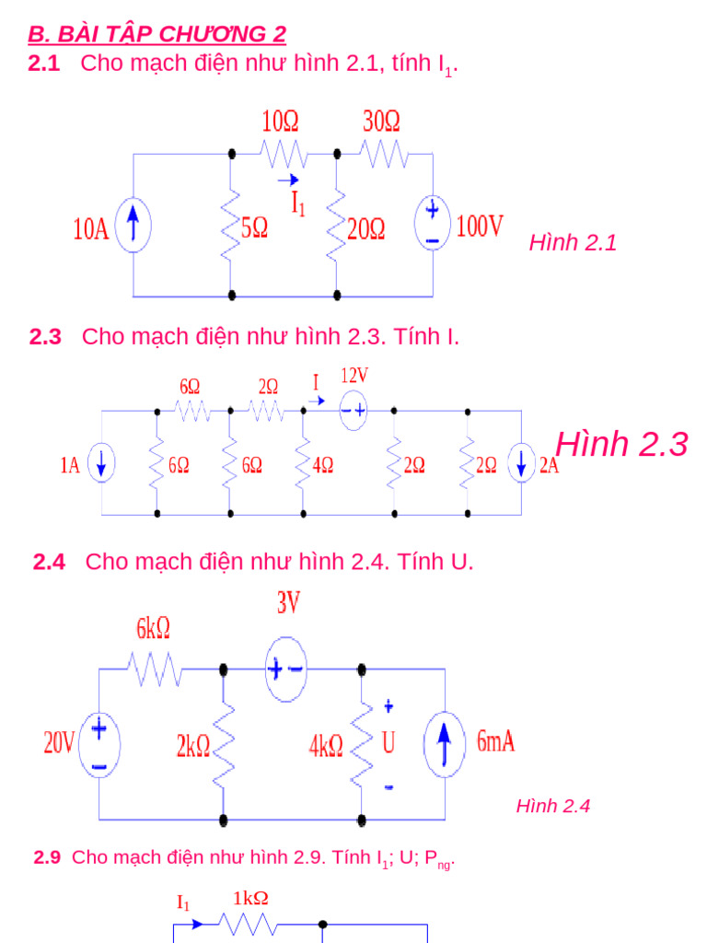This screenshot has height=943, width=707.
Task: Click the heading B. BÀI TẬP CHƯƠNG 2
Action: coord(156,35)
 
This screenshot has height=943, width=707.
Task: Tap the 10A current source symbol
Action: coord(134,227)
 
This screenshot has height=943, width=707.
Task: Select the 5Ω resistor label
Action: coord(254,227)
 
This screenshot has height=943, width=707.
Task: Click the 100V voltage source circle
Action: coord(432,224)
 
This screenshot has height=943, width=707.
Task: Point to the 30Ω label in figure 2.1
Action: coord(381,122)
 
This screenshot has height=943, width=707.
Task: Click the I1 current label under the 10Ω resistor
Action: coord(298,204)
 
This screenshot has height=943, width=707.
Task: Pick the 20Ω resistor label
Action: coord(366,227)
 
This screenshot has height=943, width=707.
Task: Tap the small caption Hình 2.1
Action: coord(573,242)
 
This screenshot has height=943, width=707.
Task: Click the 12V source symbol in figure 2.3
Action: coord(354,411)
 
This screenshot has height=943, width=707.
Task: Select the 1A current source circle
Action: coord(101,465)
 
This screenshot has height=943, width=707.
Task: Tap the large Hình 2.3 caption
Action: coord(622,444)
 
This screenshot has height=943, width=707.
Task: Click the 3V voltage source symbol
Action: coord(285,669)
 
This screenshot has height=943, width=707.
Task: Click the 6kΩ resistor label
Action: coord(153,629)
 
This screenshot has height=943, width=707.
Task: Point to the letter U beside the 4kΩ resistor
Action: coord(388,743)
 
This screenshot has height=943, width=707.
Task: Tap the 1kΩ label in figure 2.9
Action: coord(250,898)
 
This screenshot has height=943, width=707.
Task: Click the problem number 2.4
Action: coord(49,562)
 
